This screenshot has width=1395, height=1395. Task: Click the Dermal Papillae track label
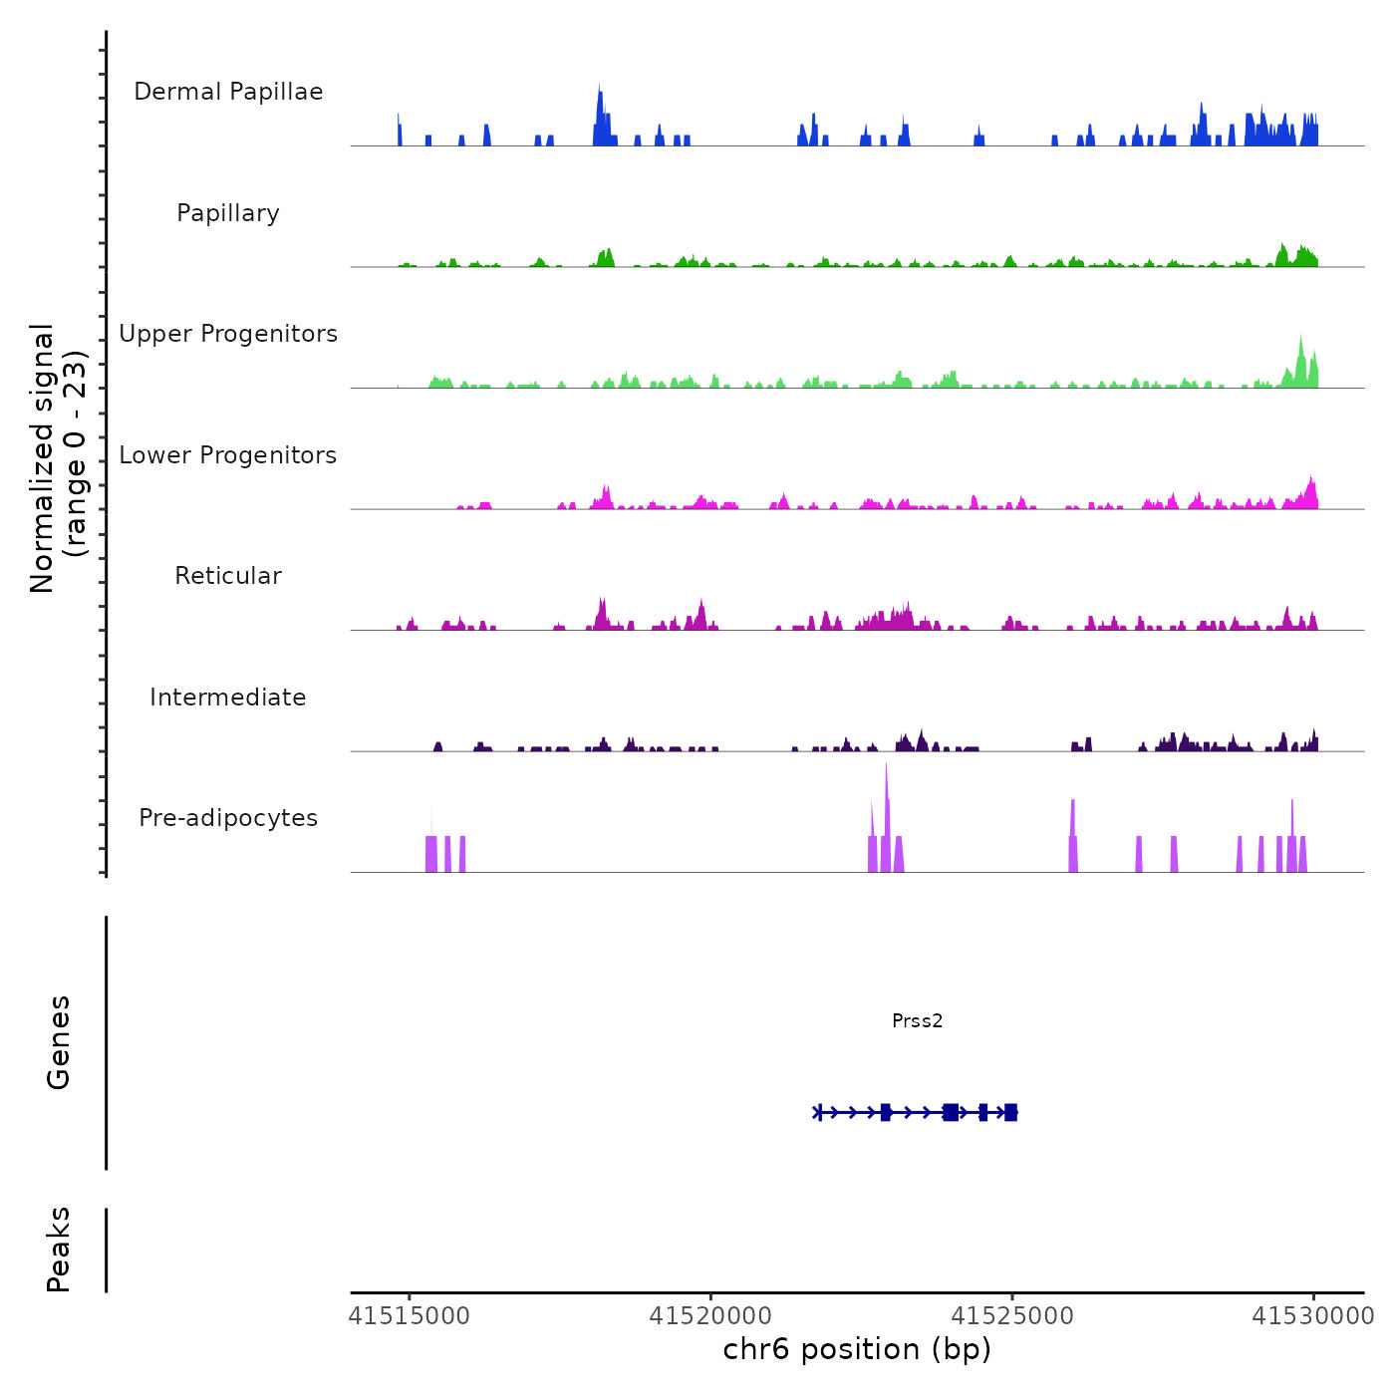[228, 92]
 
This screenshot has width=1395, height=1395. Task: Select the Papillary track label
[228, 213]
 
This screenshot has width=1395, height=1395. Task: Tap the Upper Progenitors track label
[228, 334]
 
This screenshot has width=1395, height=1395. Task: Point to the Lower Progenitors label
[228, 455]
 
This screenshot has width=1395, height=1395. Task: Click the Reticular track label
[228, 576]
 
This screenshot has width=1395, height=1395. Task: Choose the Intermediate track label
[228, 697]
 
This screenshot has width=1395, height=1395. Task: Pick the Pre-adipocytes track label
[228, 818]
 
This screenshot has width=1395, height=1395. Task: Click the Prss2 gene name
[917, 1020]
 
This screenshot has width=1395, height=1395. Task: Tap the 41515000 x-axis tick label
[409, 1316]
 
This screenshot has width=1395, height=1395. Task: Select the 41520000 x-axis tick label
[709, 1316]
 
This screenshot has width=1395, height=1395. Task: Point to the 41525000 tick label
[1012, 1316]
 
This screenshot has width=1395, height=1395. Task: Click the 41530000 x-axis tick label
[1313, 1316]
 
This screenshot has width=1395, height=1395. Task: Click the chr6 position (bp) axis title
[857, 1349]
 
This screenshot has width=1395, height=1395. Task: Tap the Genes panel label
[59, 1042]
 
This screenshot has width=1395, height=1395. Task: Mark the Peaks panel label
[59, 1249]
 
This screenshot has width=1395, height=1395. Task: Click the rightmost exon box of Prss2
[1010, 1112]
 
